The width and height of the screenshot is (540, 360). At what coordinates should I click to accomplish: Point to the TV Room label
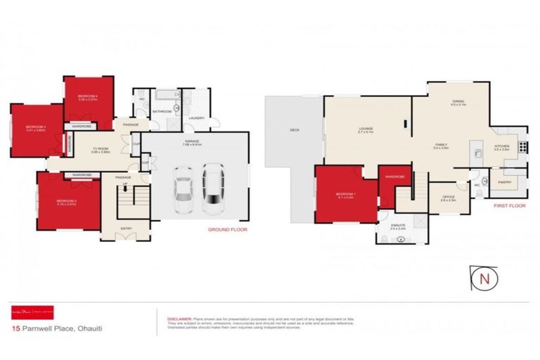pyautogui.click(x=102, y=148)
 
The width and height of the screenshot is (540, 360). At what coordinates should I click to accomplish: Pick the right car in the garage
pyautogui.click(x=213, y=188)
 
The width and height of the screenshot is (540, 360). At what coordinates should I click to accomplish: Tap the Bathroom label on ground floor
pyautogui.click(x=162, y=111)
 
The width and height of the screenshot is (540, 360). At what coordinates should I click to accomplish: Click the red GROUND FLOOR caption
pyautogui.click(x=227, y=229)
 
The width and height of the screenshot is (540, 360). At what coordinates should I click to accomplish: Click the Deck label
pyautogui.click(x=294, y=131)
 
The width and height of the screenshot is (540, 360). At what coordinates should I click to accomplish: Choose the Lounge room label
pyautogui.click(x=366, y=128)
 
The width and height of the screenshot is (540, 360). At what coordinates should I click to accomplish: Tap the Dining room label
pyautogui.click(x=458, y=101)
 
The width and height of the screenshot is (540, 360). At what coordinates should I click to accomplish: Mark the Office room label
pyautogui.click(x=448, y=196)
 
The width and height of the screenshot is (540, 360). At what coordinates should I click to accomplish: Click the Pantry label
pyautogui.click(x=504, y=182)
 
